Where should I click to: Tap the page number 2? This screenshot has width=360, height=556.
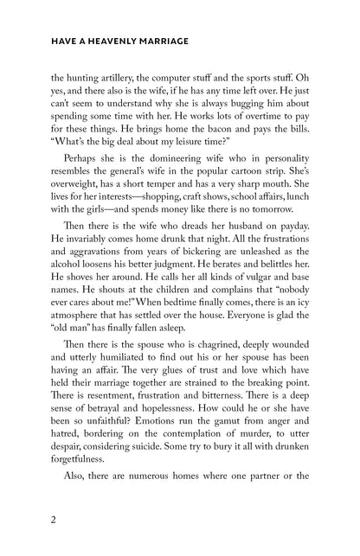(29, 523)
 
